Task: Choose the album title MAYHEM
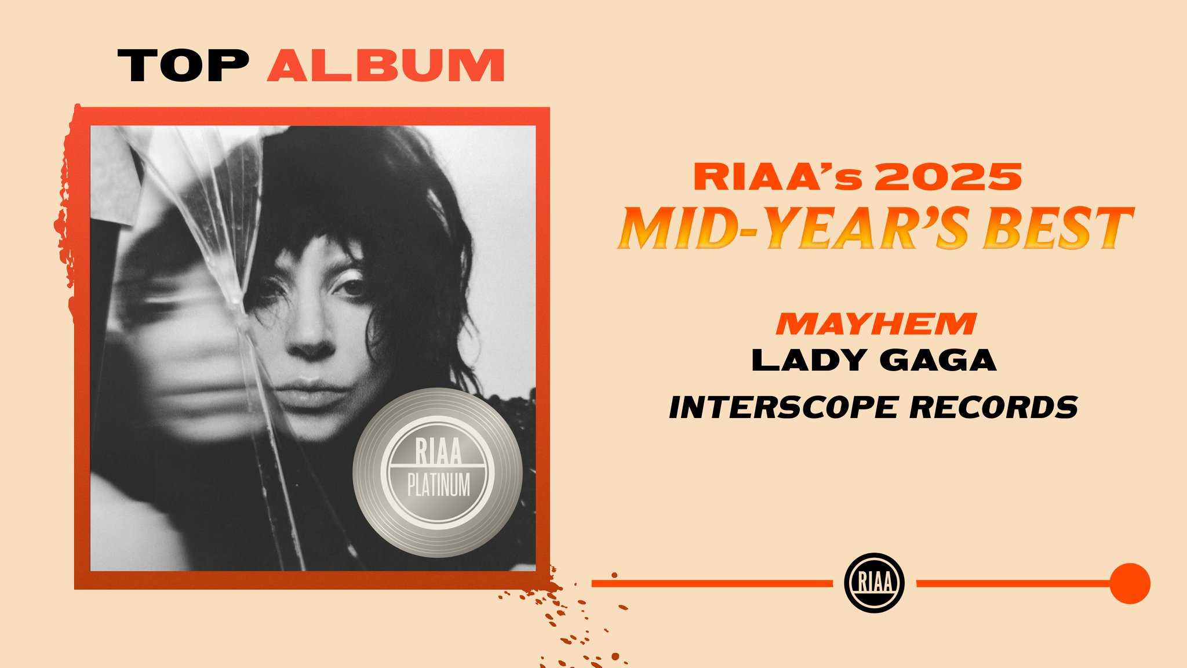876,324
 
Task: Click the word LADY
809,360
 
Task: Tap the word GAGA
938,360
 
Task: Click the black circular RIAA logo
875,583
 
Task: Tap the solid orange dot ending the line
1130,583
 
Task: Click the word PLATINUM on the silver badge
439,485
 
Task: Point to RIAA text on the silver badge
439,452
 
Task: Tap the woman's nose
311,339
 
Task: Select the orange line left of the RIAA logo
712,583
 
